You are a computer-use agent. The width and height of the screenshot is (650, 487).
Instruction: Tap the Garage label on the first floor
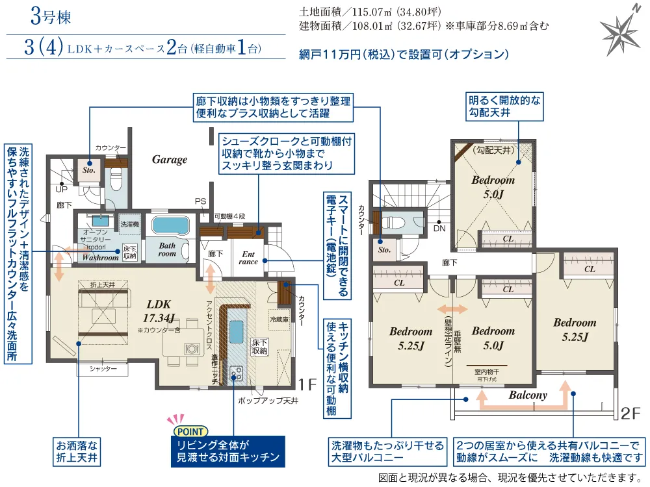point(170,159)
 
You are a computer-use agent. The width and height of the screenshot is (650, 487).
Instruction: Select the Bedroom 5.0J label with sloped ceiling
point(493,186)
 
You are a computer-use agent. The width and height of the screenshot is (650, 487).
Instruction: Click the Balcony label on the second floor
point(527,395)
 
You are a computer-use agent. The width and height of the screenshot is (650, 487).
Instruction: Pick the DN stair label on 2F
point(439,229)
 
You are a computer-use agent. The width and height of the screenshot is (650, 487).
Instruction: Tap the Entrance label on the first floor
point(249,258)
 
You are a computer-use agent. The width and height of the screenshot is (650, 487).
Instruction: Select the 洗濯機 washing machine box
point(128,224)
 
